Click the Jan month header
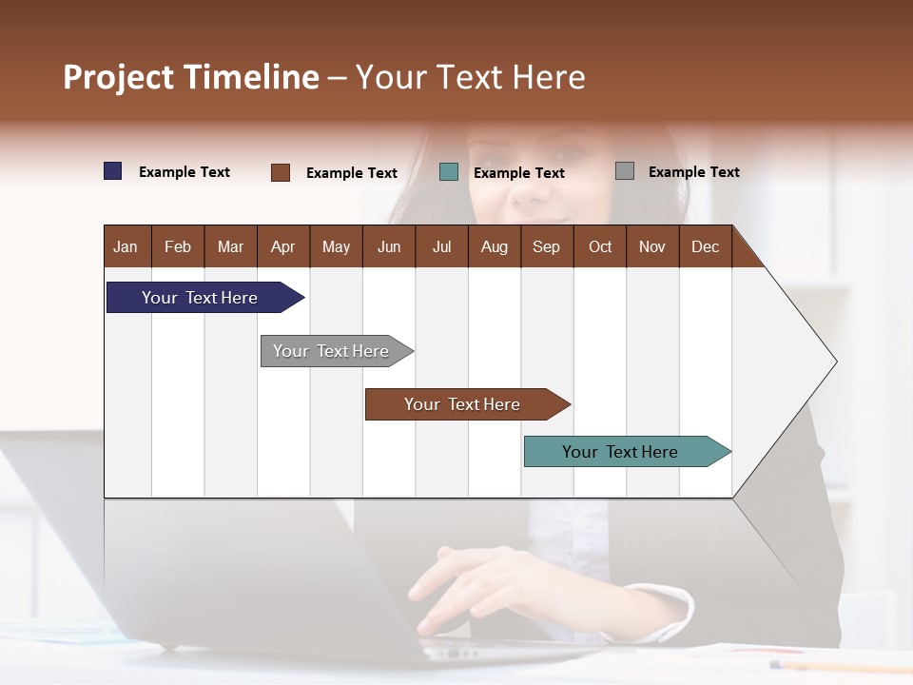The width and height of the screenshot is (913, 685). coord(126,247)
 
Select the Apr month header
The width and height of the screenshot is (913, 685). coord(282,247)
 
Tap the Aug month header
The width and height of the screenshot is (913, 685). coord(494,247)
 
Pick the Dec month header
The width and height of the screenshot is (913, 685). coord(705,247)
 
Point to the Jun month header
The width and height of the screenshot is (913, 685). coord(388,247)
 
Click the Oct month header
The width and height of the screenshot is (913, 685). coord(599,247)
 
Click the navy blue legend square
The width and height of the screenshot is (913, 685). coord(113,171)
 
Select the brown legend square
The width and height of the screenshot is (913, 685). coord(281,172)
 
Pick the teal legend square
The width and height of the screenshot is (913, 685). coord(449,172)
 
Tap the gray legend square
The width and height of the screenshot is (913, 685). coord(625,171)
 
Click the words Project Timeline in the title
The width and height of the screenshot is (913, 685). coord(190,77)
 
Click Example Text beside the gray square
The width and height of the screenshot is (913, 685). coord(693,172)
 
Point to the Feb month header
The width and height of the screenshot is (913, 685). coord(178,247)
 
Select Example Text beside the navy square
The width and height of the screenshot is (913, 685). coord(184,172)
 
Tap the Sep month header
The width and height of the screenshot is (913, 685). coord(546,247)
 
